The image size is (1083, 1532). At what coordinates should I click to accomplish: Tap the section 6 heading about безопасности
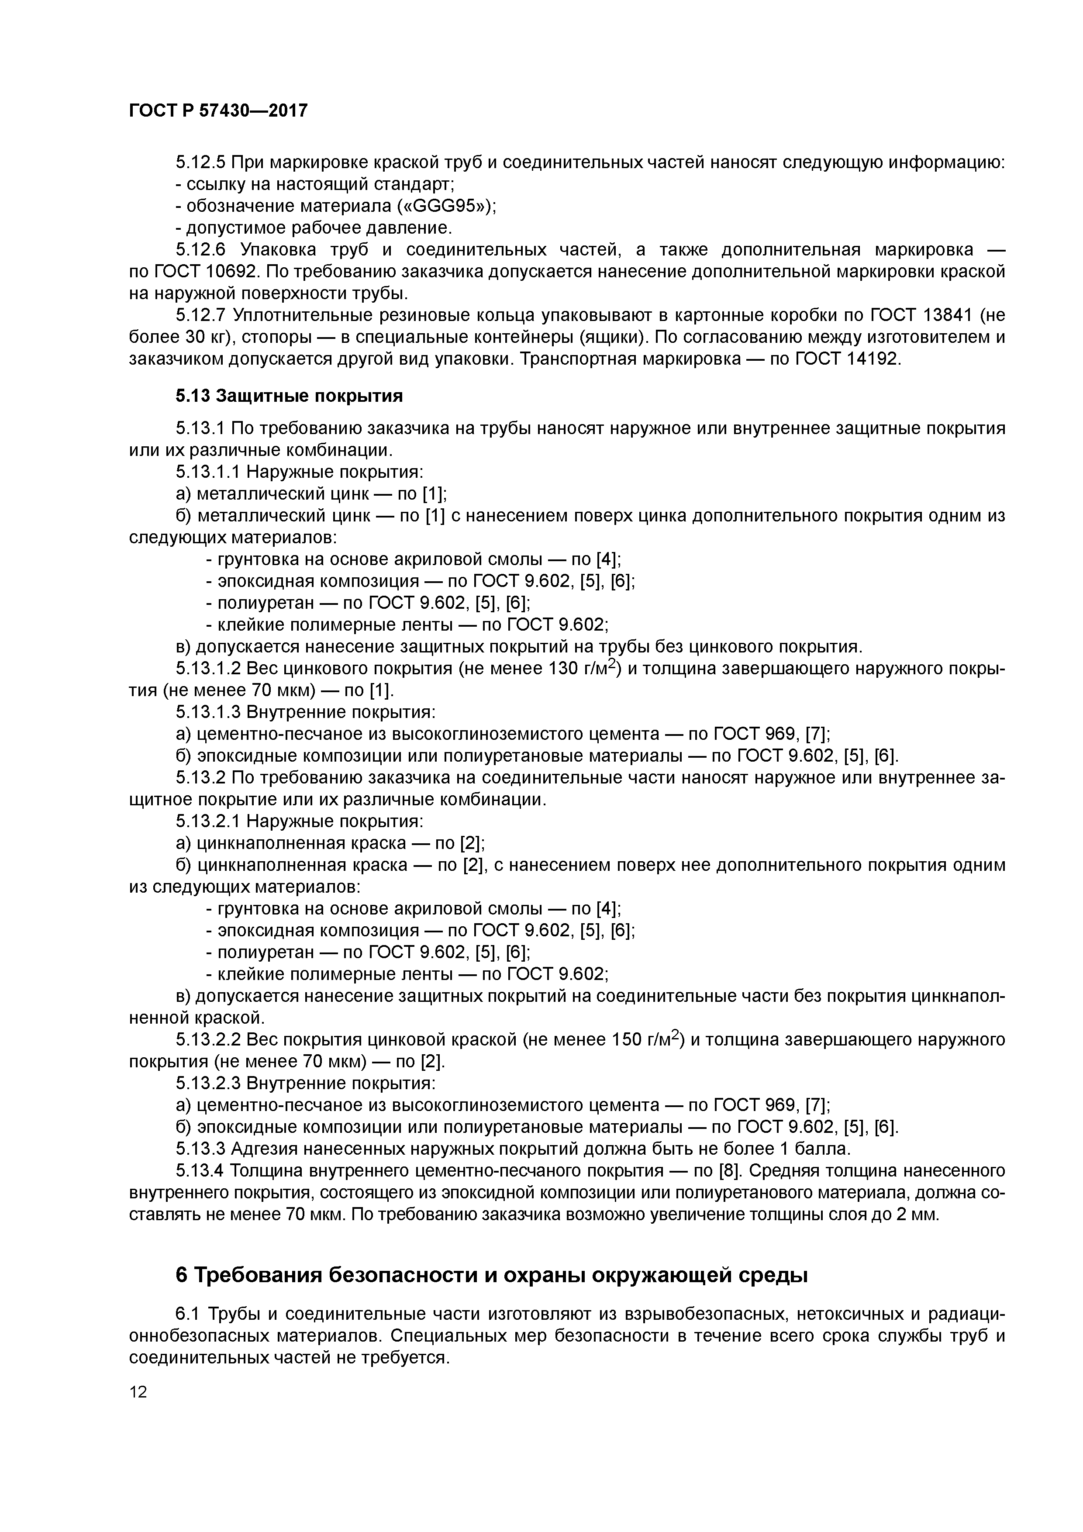(491, 1275)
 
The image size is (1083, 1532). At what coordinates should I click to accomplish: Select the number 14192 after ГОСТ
(873, 359)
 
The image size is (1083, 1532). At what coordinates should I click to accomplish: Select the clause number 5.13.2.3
(207, 1083)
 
